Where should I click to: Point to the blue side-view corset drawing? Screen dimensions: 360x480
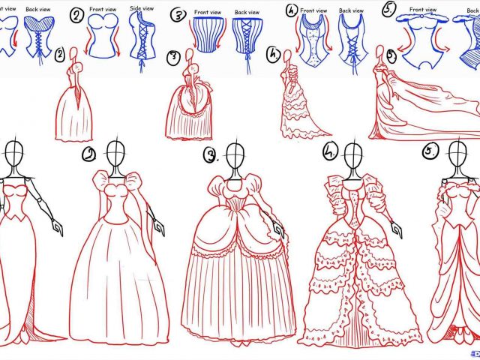[x=142, y=37]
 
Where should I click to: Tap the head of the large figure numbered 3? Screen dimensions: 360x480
[x=235, y=157]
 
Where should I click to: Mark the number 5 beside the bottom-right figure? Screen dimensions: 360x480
[x=430, y=152]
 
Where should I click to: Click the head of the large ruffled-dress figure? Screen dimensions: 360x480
[x=350, y=156]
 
